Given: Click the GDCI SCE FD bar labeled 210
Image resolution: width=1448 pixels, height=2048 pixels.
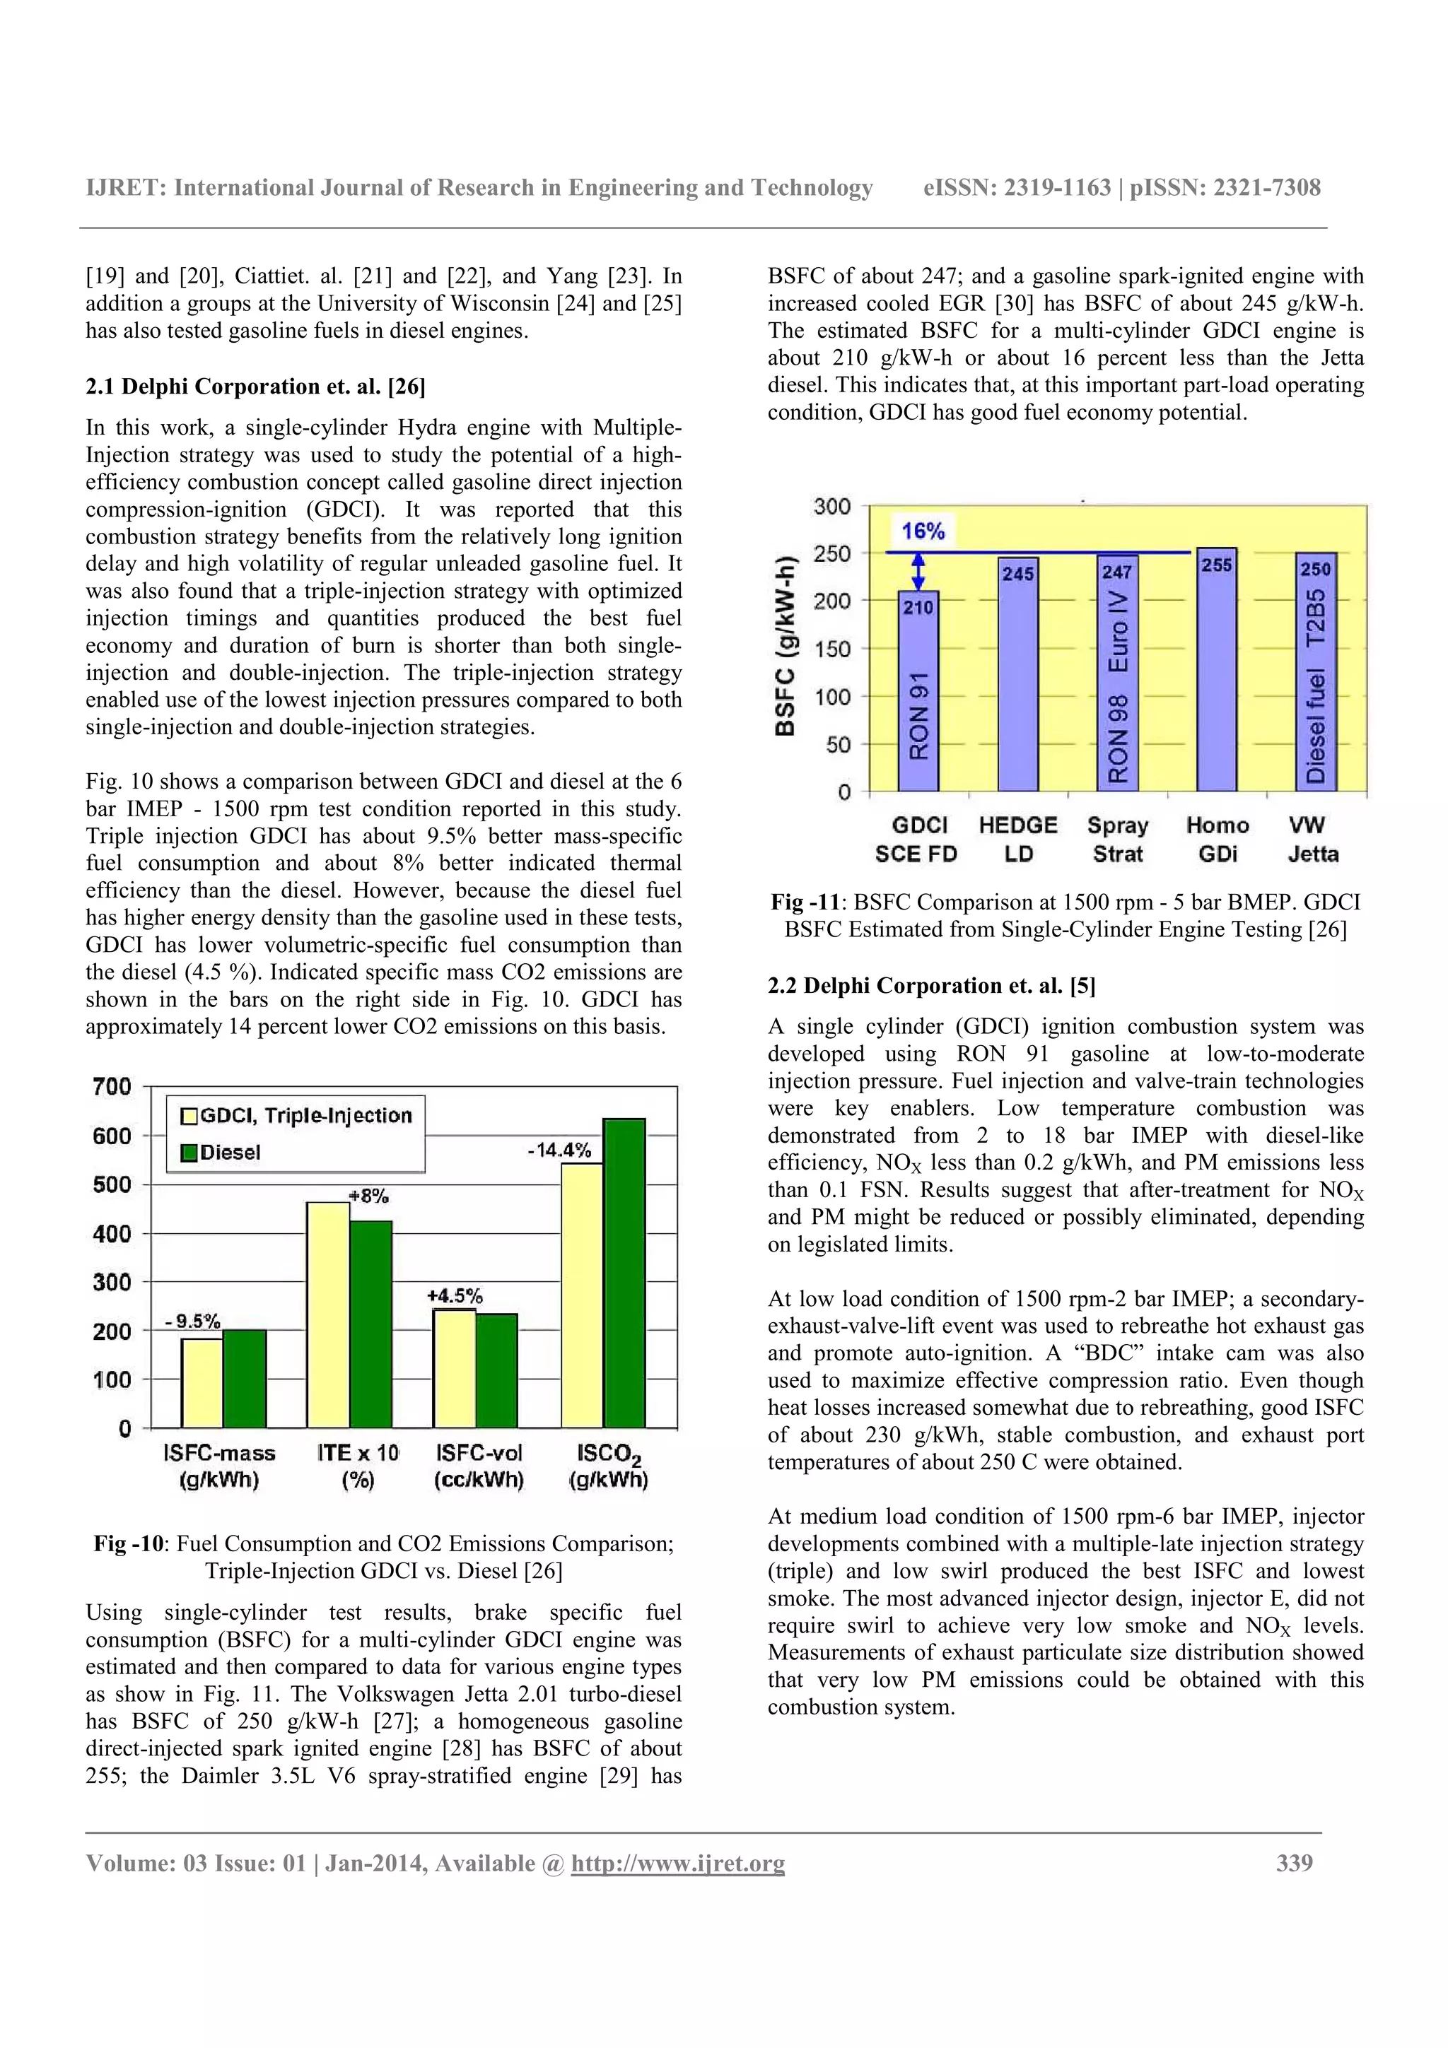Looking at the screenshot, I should pyautogui.click(x=918, y=691).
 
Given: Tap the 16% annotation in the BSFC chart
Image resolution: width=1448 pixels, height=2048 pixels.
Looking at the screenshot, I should pyautogui.click(x=923, y=531).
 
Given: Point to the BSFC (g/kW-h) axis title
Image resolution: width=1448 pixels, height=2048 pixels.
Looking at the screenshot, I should pyautogui.click(x=785, y=647).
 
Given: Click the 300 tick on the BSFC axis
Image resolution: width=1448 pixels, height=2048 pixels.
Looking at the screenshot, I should pyautogui.click(x=831, y=507).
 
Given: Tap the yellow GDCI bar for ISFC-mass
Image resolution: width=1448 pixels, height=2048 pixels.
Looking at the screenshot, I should pyautogui.click(x=202, y=1382).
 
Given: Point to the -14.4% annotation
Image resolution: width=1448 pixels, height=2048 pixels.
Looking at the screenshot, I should pyautogui.click(x=559, y=1150).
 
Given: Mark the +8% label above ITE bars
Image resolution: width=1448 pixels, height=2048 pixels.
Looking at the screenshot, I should pyautogui.click(x=368, y=1196).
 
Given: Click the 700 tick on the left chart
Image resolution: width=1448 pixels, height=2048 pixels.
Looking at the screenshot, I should pyautogui.click(x=112, y=1088).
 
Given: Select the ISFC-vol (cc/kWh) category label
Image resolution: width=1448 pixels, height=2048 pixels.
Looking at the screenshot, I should pyautogui.click(x=479, y=1466).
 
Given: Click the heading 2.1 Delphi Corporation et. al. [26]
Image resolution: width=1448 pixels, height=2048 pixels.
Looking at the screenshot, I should pyautogui.click(x=255, y=387).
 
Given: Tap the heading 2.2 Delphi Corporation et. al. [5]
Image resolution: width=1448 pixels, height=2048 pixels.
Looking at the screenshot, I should pyautogui.click(x=931, y=986).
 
